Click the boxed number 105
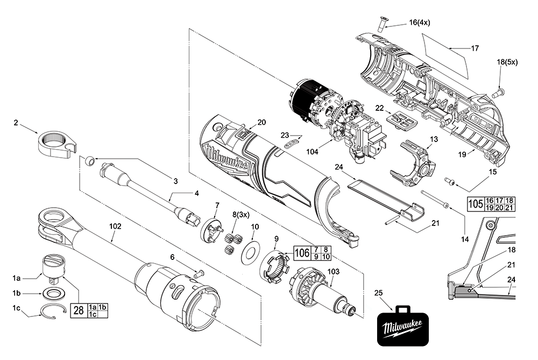click(x=475, y=204)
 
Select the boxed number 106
click(x=303, y=252)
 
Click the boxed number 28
click(x=78, y=310)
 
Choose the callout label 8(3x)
click(x=241, y=214)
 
